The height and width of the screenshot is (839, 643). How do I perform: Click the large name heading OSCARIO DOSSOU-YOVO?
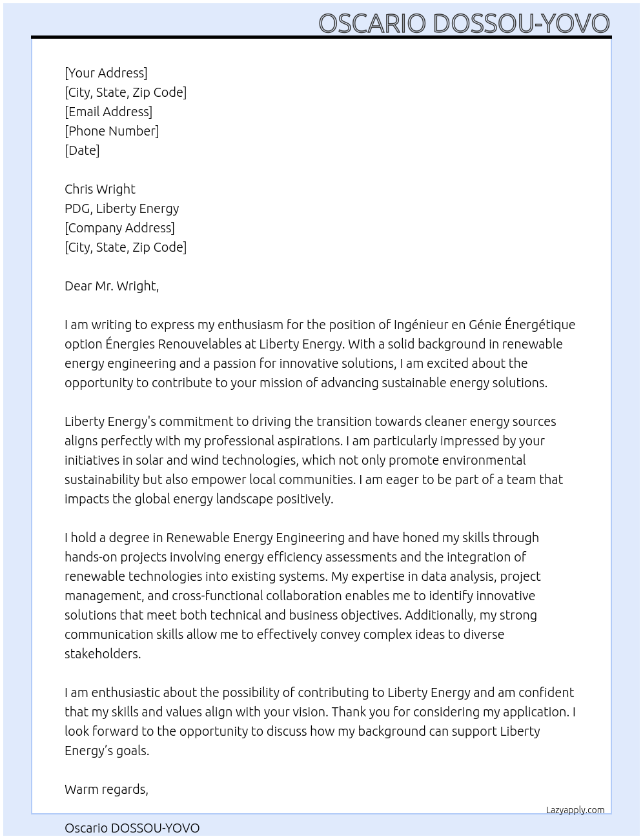tap(464, 23)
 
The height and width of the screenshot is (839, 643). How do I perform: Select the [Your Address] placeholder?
tap(106, 73)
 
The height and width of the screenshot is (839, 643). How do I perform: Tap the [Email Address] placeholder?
tap(108, 112)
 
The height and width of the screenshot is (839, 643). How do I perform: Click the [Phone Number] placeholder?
tap(112, 131)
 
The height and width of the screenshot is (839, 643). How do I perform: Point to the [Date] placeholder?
tap(82, 150)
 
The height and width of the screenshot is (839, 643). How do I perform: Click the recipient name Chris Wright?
tap(100, 189)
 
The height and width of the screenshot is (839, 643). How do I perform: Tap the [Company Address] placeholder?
tap(119, 228)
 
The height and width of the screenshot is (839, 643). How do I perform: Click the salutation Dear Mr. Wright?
tap(112, 286)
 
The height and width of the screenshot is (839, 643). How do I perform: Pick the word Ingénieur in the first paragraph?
tap(422, 325)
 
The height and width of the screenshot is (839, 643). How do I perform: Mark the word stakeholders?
tap(102, 654)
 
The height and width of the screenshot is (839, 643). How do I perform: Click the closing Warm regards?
tap(107, 789)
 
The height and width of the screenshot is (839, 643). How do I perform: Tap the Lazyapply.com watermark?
tap(575, 810)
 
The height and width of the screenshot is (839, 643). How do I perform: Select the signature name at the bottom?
tap(132, 828)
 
